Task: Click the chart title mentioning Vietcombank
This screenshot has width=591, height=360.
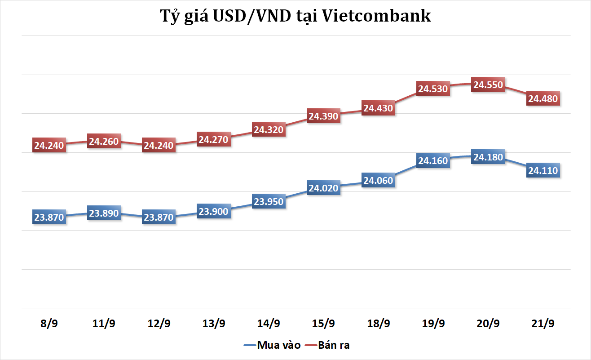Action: point(295,16)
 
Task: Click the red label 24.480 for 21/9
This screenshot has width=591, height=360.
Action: point(543,99)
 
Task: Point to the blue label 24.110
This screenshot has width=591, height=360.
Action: point(543,171)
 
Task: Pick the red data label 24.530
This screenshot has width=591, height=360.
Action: point(433,89)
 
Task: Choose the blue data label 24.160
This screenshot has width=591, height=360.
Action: point(433,160)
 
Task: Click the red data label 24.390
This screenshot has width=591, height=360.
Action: point(323,116)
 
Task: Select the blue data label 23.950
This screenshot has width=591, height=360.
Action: point(269,202)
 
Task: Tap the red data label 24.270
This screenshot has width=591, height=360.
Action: point(214,140)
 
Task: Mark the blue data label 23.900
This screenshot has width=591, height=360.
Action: point(214,212)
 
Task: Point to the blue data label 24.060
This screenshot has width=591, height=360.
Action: point(378,181)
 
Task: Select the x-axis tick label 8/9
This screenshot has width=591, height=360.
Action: point(49,324)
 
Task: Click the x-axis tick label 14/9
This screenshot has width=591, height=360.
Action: point(269,324)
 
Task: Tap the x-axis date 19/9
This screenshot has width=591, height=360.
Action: point(433,324)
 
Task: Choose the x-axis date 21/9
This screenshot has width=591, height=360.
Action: point(543,324)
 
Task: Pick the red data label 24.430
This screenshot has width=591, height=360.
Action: point(378,108)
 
